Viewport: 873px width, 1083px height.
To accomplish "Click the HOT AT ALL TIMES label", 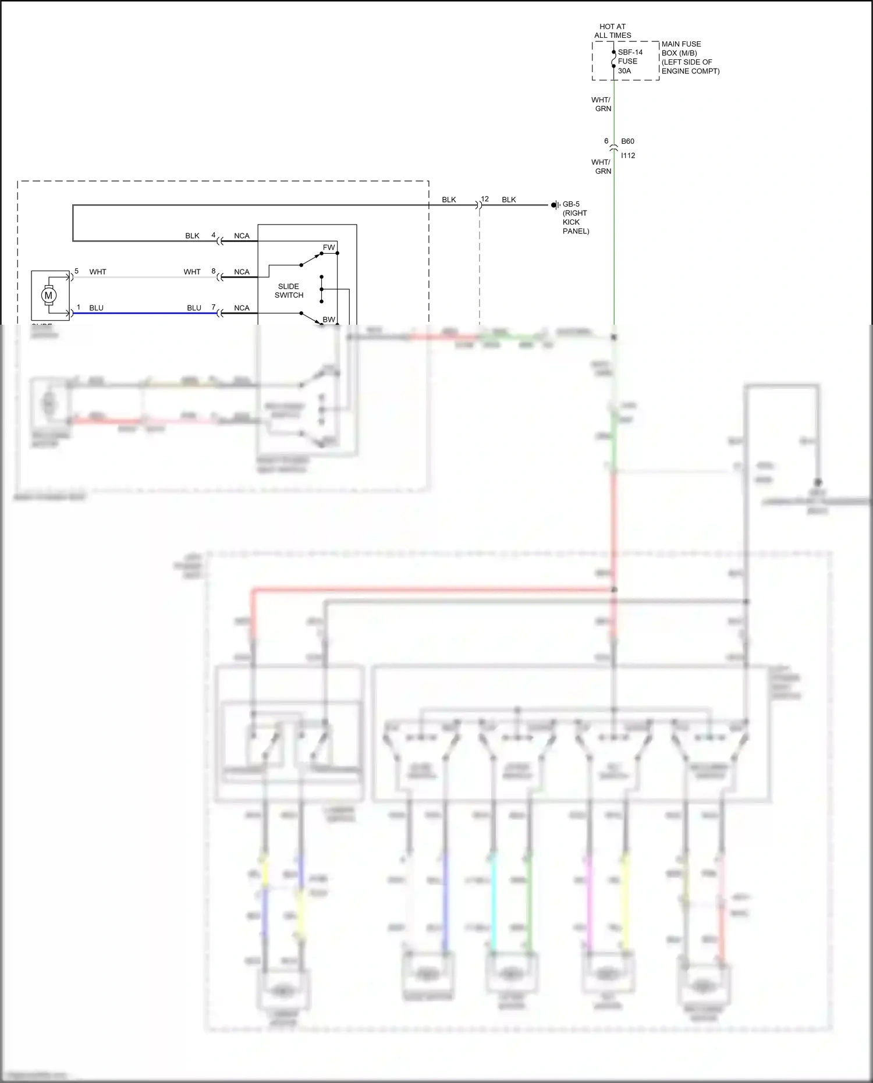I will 612,31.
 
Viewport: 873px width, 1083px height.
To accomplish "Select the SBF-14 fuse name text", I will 630,52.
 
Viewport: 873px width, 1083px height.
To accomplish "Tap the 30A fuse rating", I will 624,71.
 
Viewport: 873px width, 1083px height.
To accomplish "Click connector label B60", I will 627,141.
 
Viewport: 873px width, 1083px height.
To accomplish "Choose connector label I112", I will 628,155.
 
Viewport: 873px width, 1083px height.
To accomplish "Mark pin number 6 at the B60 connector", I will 606,141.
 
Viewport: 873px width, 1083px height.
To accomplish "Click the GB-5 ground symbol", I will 555,205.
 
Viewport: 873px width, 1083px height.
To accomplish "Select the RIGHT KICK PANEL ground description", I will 575,222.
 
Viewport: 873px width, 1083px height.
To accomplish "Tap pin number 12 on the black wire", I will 485,199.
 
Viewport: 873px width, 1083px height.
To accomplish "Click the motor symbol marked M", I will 48,295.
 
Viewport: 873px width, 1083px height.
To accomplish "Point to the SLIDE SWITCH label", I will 289,290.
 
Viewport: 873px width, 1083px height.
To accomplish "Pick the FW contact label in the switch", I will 329,247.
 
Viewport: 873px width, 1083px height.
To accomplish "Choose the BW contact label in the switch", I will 329,319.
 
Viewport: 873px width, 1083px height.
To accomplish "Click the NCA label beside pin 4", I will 242,236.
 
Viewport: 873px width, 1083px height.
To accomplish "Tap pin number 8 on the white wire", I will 214,271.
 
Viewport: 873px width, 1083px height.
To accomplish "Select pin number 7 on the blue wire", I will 214,307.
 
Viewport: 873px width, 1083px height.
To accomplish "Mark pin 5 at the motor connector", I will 76,271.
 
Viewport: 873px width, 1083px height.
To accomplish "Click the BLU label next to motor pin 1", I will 96,308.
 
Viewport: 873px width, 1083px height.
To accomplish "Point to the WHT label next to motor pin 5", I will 98,272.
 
